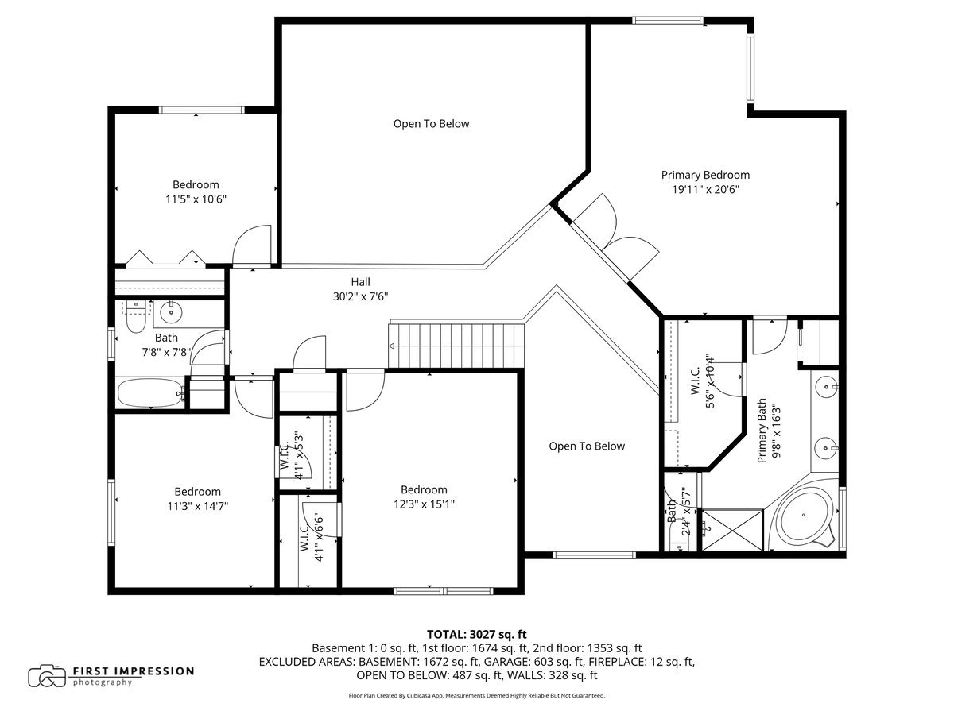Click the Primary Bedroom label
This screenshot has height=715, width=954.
pos(705,175)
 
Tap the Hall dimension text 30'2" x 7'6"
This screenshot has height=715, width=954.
pos(360,296)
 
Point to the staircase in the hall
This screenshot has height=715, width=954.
pos(457,345)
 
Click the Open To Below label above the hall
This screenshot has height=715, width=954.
pos(431,124)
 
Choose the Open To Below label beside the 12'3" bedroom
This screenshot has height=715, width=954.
pos(587,446)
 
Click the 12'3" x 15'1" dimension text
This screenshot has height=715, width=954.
pos(423,504)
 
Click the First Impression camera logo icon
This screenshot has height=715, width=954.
pos(47,676)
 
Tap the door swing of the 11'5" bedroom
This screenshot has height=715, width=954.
pos(253,245)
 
